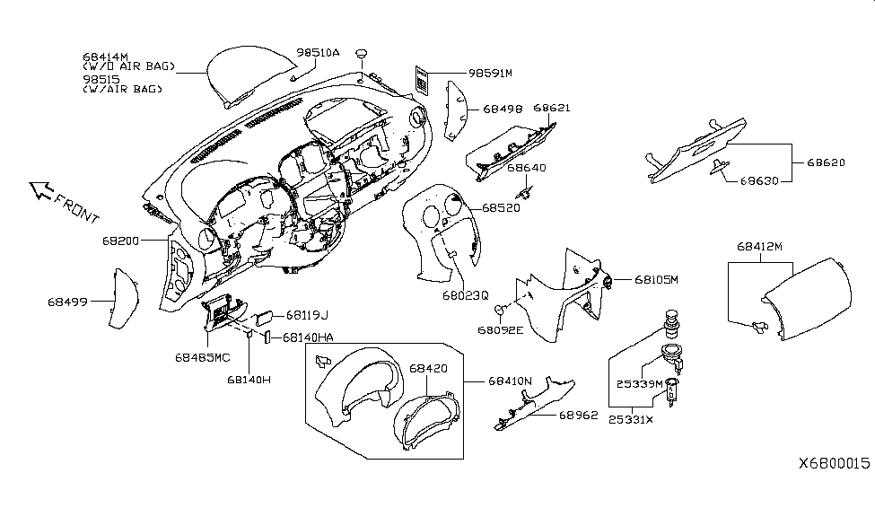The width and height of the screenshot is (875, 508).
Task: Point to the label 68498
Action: point(503,109)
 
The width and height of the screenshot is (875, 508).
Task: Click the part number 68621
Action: point(551,108)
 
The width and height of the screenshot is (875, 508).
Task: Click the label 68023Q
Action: point(465,293)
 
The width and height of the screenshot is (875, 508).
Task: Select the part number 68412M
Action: point(761,245)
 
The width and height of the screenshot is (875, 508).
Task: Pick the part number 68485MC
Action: point(202,356)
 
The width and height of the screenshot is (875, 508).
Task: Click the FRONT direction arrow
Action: point(41,188)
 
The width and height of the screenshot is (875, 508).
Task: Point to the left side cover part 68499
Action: point(118,301)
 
